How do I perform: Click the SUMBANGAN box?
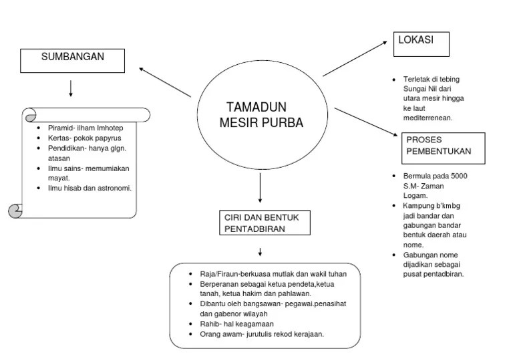[x=73, y=60]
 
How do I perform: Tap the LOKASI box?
[x=421, y=43]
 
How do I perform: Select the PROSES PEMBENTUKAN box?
[x=444, y=148]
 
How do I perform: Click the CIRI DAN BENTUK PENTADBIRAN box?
[x=265, y=223]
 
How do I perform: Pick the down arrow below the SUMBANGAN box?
[x=71, y=88]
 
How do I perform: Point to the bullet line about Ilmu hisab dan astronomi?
[x=89, y=188]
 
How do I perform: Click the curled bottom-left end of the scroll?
[x=15, y=211]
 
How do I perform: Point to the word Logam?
[x=414, y=195]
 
